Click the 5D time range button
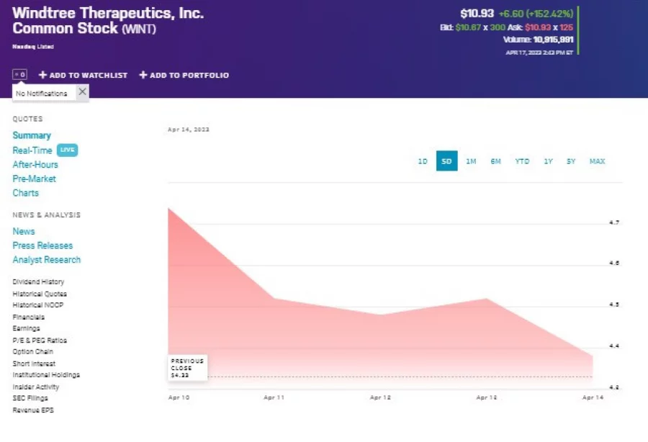(x=446, y=161)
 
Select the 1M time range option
(x=471, y=161)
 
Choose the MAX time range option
(x=597, y=161)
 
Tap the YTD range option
(x=522, y=161)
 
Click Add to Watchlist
(x=83, y=75)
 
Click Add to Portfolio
(x=184, y=75)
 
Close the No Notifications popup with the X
(x=82, y=92)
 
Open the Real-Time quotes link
(x=32, y=150)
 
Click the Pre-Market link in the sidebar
(x=34, y=179)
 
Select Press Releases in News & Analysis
(x=42, y=245)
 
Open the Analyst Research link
(x=47, y=260)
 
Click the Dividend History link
(x=38, y=282)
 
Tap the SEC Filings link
(x=30, y=399)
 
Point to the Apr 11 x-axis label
(x=274, y=397)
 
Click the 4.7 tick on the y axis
(x=614, y=223)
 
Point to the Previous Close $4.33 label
(x=187, y=367)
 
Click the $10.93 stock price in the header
(x=476, y=14)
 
